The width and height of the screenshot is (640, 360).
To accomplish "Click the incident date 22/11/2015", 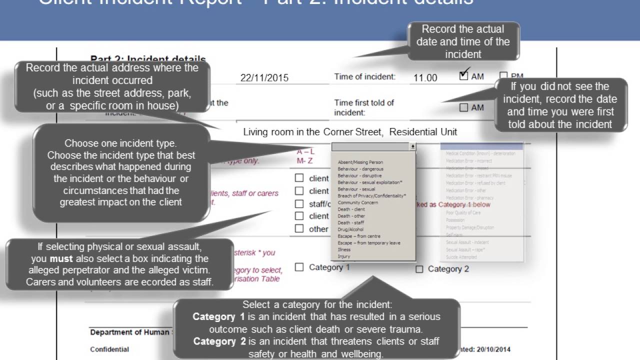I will (x=264, y=77).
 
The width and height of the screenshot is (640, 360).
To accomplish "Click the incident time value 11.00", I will (x=425, y=77).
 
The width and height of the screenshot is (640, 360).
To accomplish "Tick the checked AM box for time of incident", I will (x=464, y=75).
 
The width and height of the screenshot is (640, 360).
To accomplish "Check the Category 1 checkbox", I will (x=299, y=267).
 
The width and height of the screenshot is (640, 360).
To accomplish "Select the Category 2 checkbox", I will (x=419, y=269).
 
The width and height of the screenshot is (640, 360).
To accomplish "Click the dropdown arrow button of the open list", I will (x=412, y=146).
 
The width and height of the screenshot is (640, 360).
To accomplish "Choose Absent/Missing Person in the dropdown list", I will (x=360, y=162).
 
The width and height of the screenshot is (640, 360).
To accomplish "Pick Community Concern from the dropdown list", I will (x=357, y=202).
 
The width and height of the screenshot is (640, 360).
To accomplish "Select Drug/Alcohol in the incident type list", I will (x=350, y=229).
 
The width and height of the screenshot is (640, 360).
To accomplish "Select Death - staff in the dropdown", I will (x=351, y=222).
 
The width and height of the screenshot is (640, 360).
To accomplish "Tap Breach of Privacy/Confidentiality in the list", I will (x=371, y=196).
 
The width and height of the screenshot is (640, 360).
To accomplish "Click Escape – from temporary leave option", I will (x=369, y=243).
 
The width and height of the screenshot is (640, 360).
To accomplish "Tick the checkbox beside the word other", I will (x=299, y=228).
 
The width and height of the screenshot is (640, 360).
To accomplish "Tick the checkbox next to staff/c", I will (x=299, y=203).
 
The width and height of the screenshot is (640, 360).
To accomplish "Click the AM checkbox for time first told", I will (x=464, y=107).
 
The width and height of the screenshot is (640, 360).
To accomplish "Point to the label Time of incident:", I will (x=365, y=77).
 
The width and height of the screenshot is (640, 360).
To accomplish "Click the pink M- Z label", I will (x=304, y=160).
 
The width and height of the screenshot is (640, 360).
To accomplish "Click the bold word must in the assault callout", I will (x=61, y=259).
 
